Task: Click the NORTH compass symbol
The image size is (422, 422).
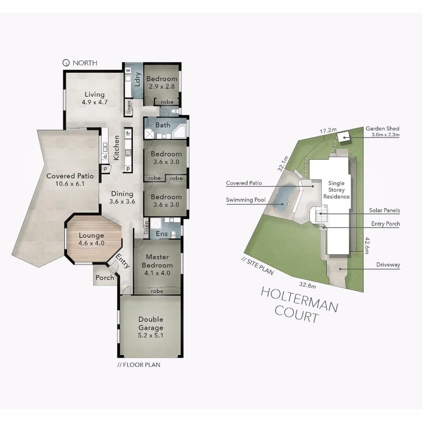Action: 66,63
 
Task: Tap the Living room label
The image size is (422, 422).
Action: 95,98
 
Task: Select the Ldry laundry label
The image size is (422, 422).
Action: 137,80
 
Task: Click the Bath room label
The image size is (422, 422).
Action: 163,125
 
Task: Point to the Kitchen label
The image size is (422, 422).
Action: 116,147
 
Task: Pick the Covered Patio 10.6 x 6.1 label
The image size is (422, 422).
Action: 70,180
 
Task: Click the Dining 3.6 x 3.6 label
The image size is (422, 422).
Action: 122,198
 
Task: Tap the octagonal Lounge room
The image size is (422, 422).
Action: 91,239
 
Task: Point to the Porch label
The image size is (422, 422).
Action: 105,278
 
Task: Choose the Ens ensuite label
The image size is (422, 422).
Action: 161,234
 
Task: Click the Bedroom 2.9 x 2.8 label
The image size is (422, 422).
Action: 161,82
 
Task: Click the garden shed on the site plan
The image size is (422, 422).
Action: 344,137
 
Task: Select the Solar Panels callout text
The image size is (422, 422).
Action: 384,210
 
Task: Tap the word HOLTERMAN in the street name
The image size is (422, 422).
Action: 299,299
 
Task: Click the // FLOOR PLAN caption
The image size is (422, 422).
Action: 139,365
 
